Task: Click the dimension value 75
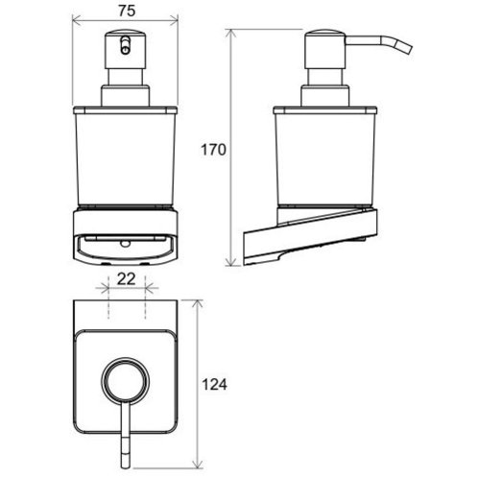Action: [127, 12]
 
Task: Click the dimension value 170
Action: [213, 150]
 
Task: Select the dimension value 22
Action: [126, 279]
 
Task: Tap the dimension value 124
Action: [214, 385]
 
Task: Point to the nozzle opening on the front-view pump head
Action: [126, 45]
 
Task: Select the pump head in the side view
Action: [324, 50]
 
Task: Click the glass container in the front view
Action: [125, 155]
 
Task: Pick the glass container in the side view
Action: [325, 155]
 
